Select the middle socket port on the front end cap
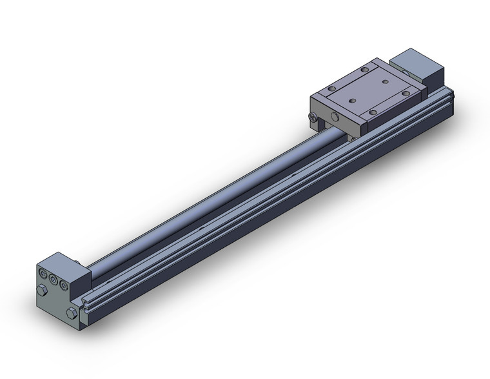click(x=53, y=280)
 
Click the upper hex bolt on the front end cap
click(x=42, y=291)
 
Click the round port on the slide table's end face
click(x=334, y=117)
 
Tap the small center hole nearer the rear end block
click(x=384, y=82)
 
